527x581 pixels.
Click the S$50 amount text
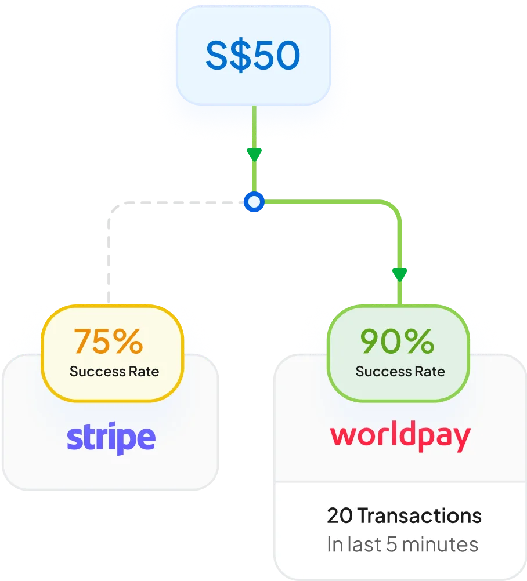tap(253, 55)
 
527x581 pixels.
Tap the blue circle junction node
tap(254, 202)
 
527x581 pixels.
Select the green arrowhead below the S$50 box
tap(254, 154)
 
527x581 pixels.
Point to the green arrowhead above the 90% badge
tap(399, 275)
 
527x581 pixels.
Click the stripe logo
tap(111, 438)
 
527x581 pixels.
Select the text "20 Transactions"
tap(404, 516)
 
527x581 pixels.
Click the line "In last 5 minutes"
tap(403, 544)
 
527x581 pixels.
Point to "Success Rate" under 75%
tap(114, 372)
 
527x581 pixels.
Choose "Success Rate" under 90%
tap(400, 372)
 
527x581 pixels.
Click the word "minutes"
tap(440, 544)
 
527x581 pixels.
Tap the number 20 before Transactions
tap(340, 516)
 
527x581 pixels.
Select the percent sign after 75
tap(128, 342)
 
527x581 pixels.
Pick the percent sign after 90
tap(419, 342)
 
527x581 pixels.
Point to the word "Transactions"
tap(420, 516)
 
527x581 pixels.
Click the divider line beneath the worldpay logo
tap(400, 482)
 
